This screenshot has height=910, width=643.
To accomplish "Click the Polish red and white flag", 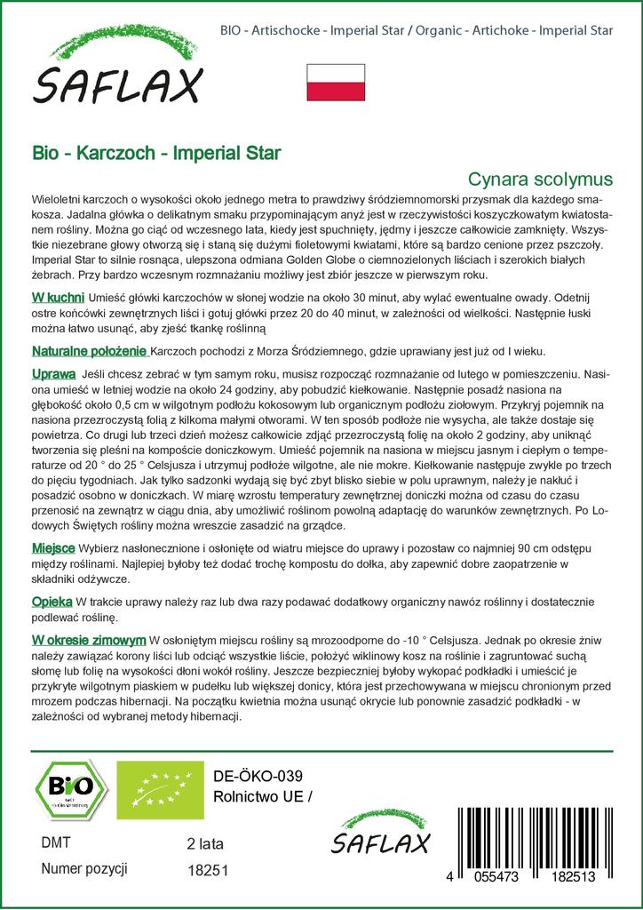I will [336, 83].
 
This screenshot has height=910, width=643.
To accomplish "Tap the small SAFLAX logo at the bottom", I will [380, 834].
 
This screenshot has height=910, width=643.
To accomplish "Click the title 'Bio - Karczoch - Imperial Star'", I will [156, 152].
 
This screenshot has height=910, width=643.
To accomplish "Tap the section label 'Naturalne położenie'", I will [89, 350].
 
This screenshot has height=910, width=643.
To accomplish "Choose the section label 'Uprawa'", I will [52, 373].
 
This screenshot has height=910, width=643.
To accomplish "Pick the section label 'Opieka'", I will [52, 603].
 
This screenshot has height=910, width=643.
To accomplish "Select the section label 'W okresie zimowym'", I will [89, 639].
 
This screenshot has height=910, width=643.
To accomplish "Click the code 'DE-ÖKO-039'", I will [252, 774].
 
